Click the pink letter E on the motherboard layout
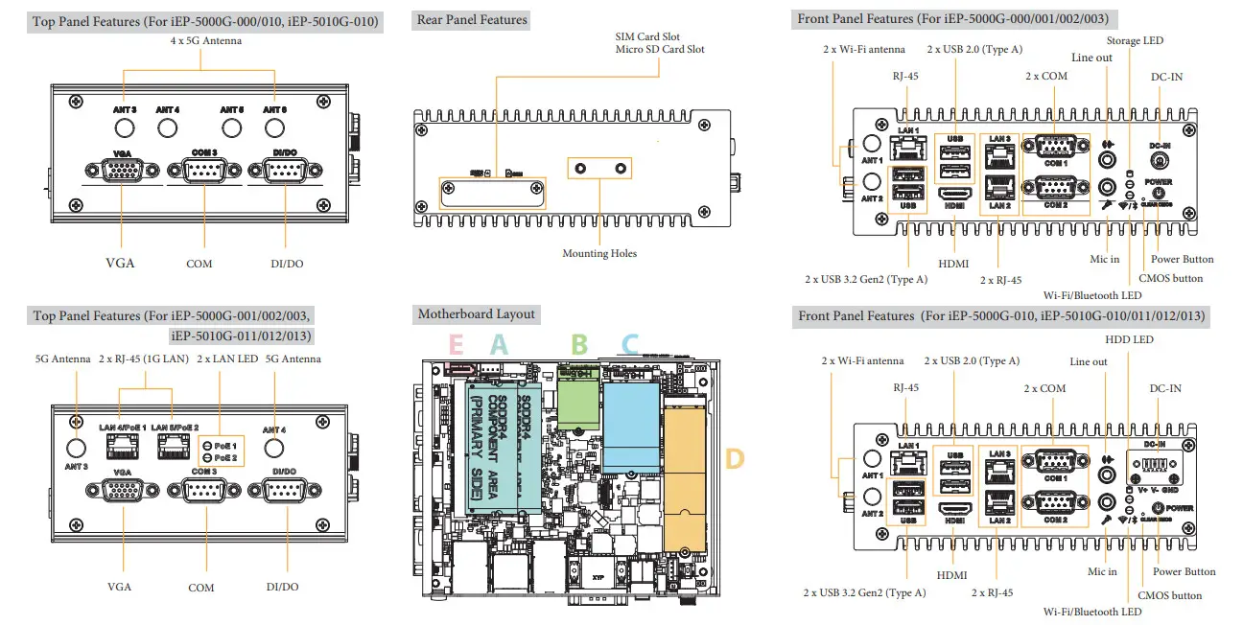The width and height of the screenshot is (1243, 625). tap(456, 344)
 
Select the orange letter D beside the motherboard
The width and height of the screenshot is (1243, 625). tap(733, 458)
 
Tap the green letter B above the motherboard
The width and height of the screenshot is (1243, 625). tap(579, 344)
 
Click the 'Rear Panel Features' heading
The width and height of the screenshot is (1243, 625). tap(472, 19)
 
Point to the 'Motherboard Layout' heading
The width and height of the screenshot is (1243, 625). tap(477, 314)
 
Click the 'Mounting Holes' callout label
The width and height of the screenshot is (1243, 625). tap(598, 253)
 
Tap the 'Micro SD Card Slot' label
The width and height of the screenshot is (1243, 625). tap(660, 49)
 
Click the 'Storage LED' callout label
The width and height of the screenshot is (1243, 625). tap(1135, 40)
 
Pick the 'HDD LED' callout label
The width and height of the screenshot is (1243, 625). tap(1129, 339)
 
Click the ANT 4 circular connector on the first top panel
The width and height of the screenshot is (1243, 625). tap(168, 127)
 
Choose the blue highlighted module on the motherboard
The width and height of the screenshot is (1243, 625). tap(630, 412)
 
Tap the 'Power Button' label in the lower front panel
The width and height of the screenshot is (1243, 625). tap(1184, 571)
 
